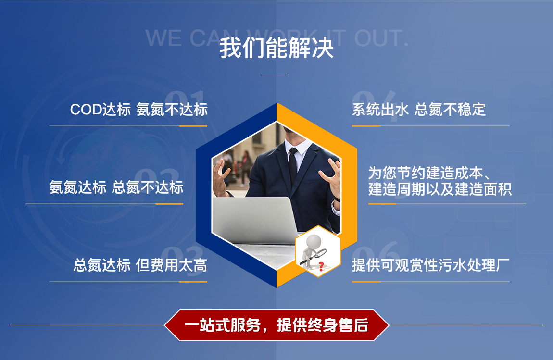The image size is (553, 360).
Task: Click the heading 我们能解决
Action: tap(276, 49)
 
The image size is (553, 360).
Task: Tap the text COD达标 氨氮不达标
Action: tap(138, 110)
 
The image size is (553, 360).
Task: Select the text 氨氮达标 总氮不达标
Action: tap(116, 187)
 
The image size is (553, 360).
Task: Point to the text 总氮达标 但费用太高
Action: tap(140, 265)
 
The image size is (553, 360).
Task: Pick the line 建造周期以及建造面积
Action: tap(440, 189)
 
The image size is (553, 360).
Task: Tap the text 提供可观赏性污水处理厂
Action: tap(430, 265)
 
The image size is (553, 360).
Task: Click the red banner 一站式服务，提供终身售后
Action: tap(276, 325)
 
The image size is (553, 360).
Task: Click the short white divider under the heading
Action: tap(274, 74)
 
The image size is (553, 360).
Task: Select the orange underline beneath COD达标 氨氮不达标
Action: tap(193, 126)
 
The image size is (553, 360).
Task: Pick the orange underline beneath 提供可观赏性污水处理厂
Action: tap(365, 282)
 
